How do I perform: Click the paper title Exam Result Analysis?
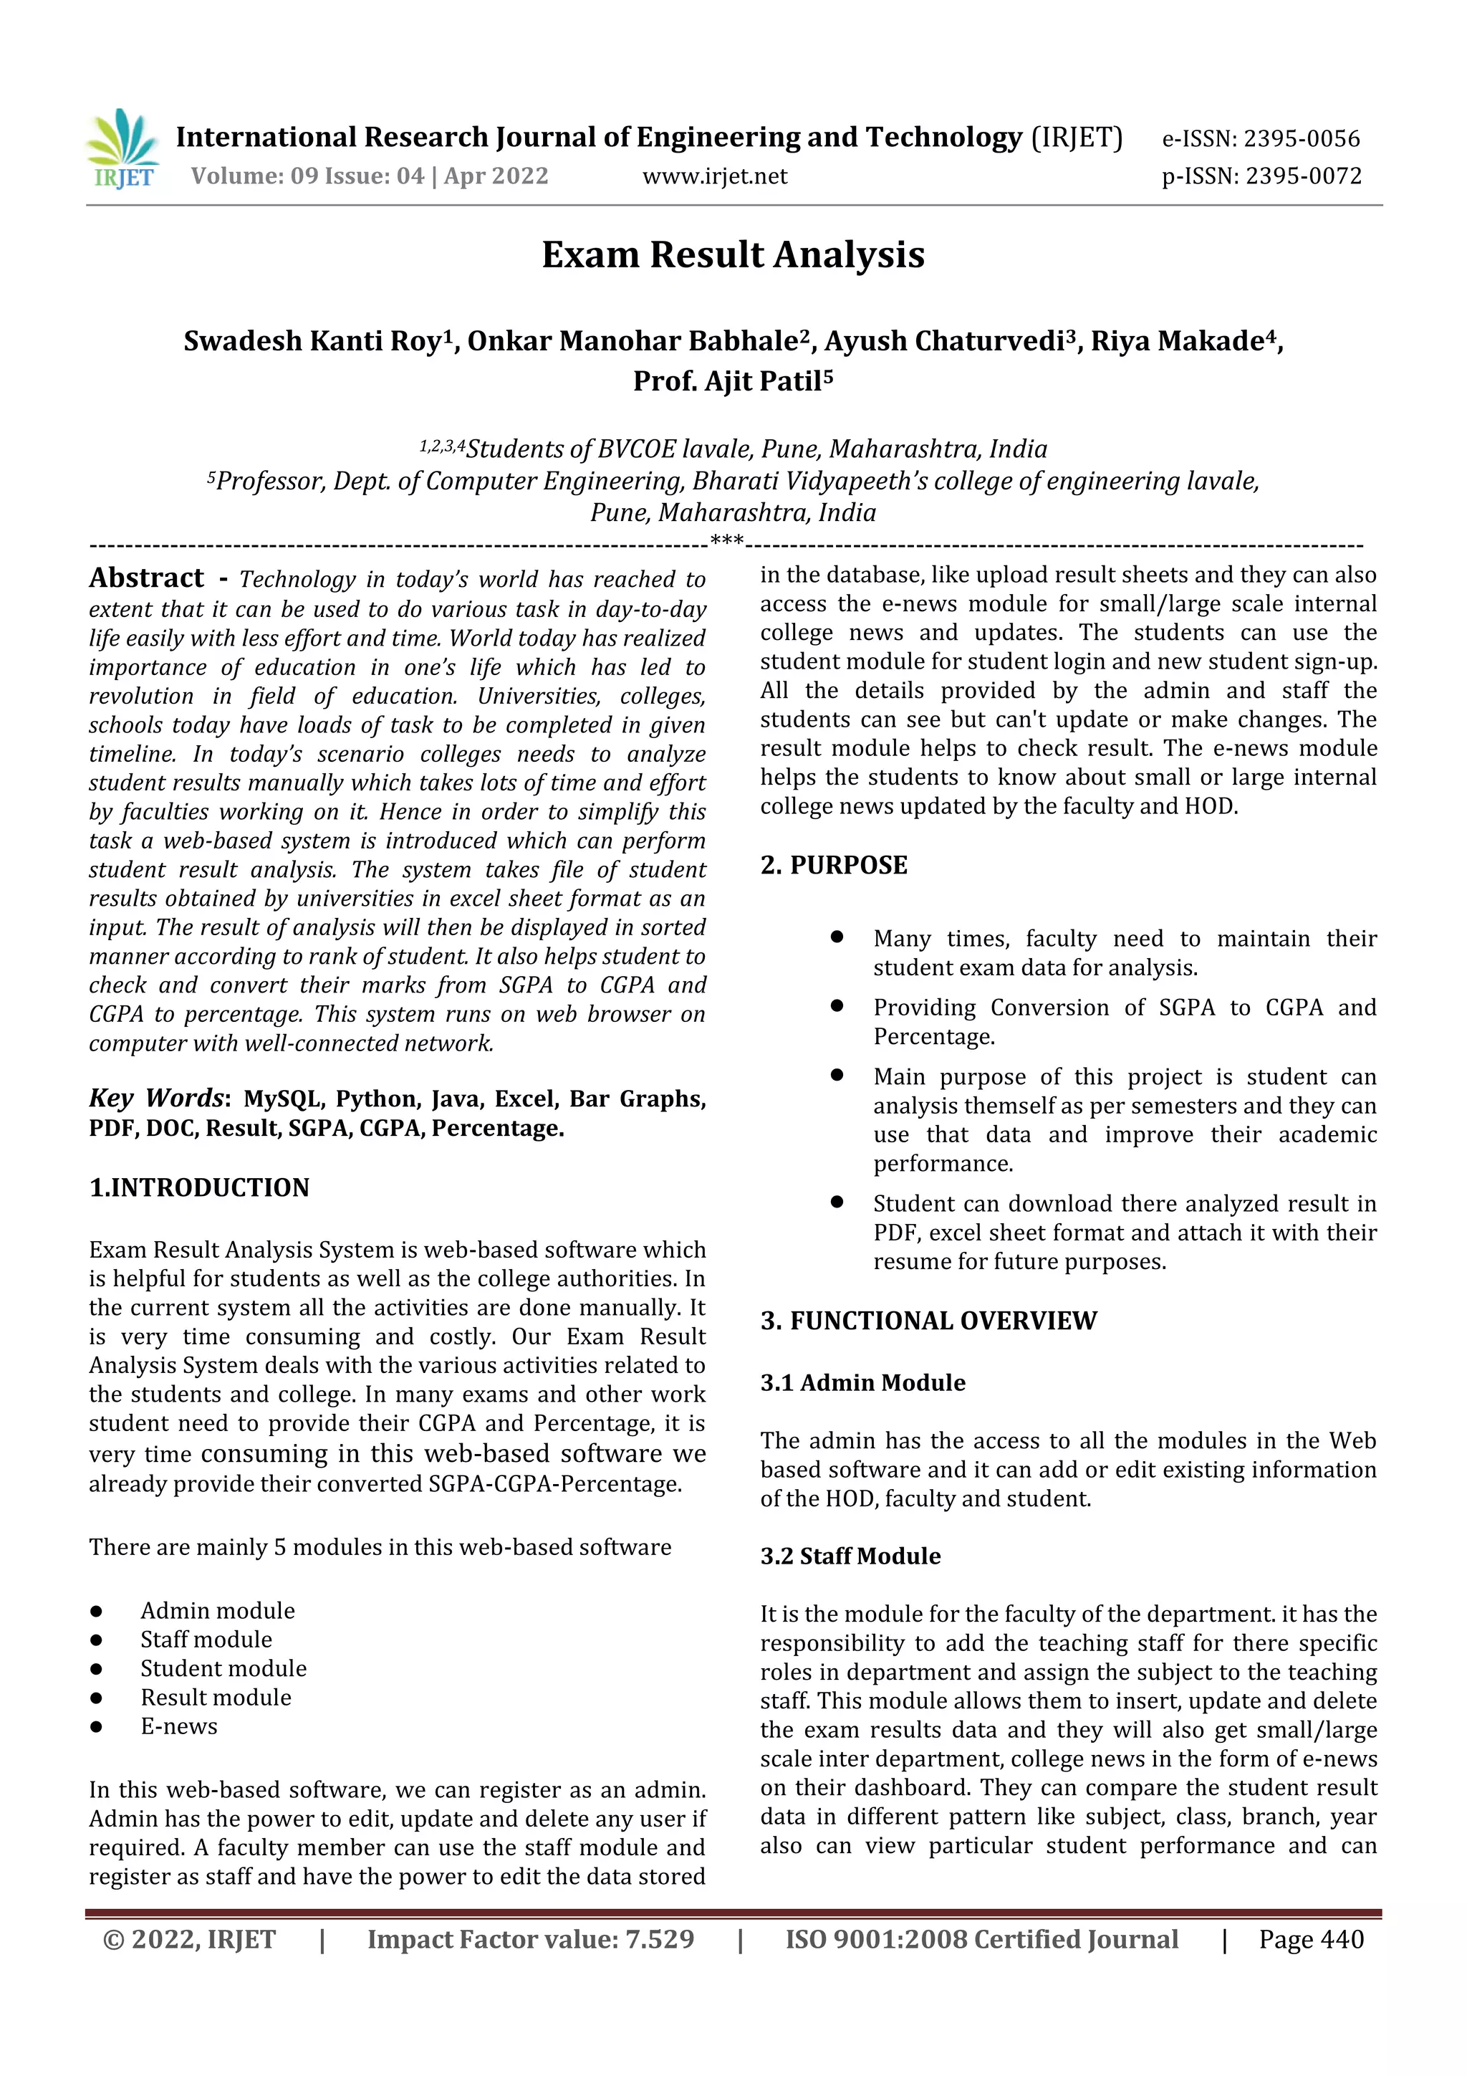(732, 255)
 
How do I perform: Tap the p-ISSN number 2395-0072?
(1302, 176)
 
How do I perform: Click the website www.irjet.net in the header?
(714, 176)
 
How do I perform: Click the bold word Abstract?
(146, 578)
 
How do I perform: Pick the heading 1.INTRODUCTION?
(199, 1187)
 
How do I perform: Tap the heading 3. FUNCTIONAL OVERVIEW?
(928, 1321)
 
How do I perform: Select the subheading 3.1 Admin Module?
(862, 1382)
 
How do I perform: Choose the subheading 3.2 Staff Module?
(850, 1556)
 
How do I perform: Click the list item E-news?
(179, 1726)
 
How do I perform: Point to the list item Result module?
(216, 1697)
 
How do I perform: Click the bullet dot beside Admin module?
(96, 1611)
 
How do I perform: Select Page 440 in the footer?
(1311, 1939)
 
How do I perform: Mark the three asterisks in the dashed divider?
(727, 542)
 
